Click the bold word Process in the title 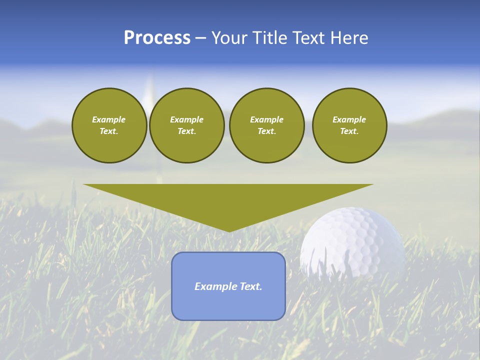157,38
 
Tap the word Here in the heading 350,38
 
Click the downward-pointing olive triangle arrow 228,200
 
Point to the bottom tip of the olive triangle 228,231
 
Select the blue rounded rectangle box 228,305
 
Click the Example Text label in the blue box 228,286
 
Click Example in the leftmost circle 109,119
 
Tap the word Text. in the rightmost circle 349,131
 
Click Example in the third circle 266,119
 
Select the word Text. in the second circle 186,131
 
